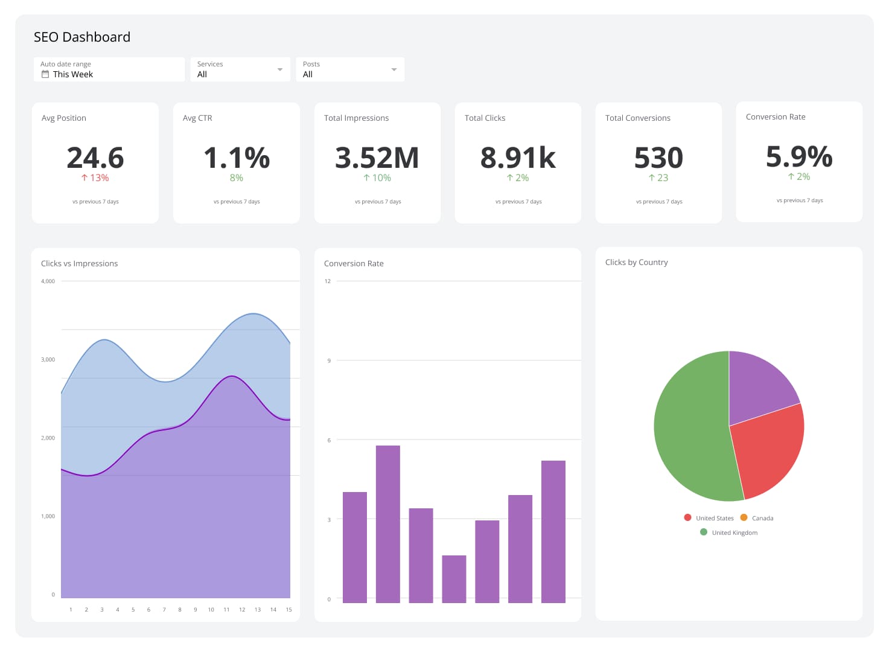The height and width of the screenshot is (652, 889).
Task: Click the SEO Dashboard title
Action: (82, 37)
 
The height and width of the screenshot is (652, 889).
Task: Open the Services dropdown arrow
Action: (279, 69)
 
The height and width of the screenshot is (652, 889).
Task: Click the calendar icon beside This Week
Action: (45, 74)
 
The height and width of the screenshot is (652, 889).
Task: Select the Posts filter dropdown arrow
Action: (394, 69)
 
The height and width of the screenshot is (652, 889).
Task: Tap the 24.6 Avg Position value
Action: (95, 158)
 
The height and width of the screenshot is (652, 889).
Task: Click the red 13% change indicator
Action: (95, 178)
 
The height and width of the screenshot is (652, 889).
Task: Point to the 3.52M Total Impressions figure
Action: (377, 158)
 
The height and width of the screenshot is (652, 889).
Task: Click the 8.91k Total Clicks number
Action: (518, 158)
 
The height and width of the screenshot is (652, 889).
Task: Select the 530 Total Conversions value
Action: (658, 158)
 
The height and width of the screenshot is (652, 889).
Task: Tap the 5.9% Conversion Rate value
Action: (799, 156)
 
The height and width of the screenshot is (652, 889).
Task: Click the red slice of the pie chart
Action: (770, 447)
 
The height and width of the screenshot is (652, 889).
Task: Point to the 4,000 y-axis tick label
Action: (48, 281)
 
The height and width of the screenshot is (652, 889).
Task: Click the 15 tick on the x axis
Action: (288, 610)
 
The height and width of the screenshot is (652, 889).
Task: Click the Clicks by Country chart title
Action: (636, 263)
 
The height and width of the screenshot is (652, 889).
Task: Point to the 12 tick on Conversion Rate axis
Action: (328, 281)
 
